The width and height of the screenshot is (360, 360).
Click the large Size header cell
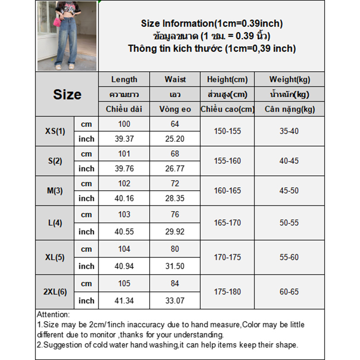pyautogui.click(x=67, y=94)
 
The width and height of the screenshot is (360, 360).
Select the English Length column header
pyautogui.click(x=124, y=79)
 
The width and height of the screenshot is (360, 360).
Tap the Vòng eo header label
pyautogui.click(x=175, y=109)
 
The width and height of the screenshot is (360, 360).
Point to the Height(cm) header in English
pyautogui.click(x=227, y=79)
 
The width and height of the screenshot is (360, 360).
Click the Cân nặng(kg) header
pyautogui.click(x=289, y=109)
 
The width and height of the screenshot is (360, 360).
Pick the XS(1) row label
pyautogui.click(x=55, y=131)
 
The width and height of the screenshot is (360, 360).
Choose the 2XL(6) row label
pyautogui.click(x=55, y=292)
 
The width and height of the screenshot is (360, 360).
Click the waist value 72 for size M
pyautogui.click(x=175, y=184)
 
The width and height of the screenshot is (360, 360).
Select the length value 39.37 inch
pyautogui.click(x=124, y=139)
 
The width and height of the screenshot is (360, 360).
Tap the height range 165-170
pyautogui.click(x=227, y=223)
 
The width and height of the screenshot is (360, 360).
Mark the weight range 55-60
pyautogui.click(x=289, y=258)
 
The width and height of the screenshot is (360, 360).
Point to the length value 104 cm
pyautogui.click(x=124, y=249)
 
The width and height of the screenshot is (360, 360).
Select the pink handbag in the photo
pyautogui.click(x=57, y=22)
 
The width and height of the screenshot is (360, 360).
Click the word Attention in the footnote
pyautogui.click(x=53, y=315)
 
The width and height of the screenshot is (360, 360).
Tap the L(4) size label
pyautogui.click(x=55, y=223)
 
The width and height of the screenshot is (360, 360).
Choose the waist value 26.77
pyautogui.click(x=175, y=169)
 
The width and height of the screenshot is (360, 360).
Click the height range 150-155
pyautogui.click(x=227, y=131)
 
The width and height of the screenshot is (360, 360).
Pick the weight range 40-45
pyautogui.click(x=289, y=161)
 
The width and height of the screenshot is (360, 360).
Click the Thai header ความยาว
pyautogui.click(x=124, y=94)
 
